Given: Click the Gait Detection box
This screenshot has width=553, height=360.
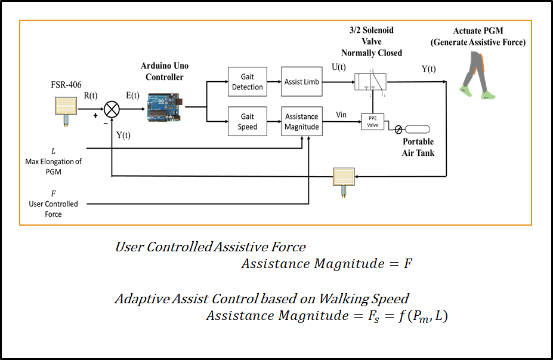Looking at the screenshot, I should point(248,82).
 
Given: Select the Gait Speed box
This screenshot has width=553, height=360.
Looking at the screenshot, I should point(248,122).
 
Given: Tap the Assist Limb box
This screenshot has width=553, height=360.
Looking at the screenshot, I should point(302,82).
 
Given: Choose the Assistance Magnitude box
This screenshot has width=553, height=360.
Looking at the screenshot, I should point(302,122).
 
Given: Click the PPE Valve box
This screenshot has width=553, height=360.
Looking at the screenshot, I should point(372,122).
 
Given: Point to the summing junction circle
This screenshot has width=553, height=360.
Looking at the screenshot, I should point(112,110).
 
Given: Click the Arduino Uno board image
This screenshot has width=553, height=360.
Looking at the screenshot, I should point(165,107).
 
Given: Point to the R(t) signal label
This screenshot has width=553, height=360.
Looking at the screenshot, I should point(90,95).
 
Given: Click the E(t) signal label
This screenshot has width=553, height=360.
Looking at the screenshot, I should point(132,95).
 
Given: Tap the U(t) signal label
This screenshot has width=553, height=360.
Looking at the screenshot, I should point(338,68).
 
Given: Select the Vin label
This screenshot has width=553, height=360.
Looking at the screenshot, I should point(341,114).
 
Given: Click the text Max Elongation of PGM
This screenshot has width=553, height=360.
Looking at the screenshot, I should point(54,166).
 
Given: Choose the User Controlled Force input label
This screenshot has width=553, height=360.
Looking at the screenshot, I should point(54,204).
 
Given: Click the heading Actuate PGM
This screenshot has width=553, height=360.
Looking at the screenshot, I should point(479,30).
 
